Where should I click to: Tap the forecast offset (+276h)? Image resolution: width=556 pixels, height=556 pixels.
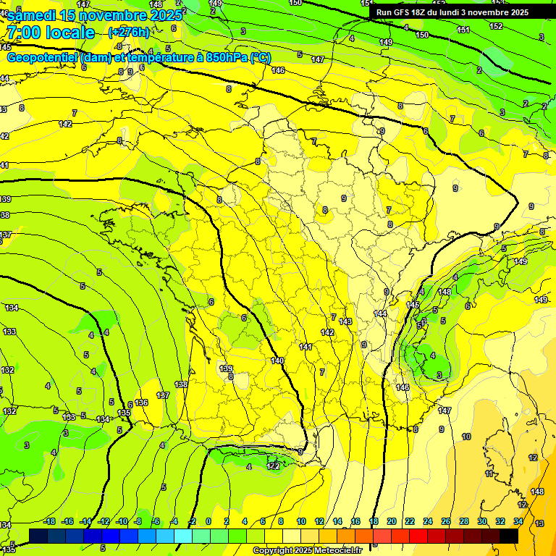(x=129, y=32)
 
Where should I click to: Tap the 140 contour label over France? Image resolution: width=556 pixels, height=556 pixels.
(x=277, y=360)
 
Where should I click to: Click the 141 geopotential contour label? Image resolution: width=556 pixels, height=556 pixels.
(x=306, y=347)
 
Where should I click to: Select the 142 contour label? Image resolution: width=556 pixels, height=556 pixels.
(x=327, y=332)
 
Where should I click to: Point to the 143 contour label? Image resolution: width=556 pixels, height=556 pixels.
(x=345, y=321)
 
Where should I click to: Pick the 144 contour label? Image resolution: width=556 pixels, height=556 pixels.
(x=380, y=313)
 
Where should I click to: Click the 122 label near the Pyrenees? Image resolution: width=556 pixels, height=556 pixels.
(x=274, y=466)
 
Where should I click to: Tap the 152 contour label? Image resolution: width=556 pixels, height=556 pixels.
(x=496, y=26)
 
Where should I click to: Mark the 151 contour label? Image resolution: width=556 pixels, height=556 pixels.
(x=464, y=30)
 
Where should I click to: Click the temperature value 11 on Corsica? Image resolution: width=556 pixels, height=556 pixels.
(x=489, y=473)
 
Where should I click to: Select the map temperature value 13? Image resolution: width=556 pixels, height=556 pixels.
(x=539, y=523)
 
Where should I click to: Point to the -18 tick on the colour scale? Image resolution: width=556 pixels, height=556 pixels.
(x=49, y=521)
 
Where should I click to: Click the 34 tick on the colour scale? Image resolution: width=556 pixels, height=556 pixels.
(x=518, y=521)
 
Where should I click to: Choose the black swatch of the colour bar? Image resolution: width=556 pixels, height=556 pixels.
(x=509, y=536)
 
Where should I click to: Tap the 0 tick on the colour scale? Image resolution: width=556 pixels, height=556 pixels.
(x=208, y=521)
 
